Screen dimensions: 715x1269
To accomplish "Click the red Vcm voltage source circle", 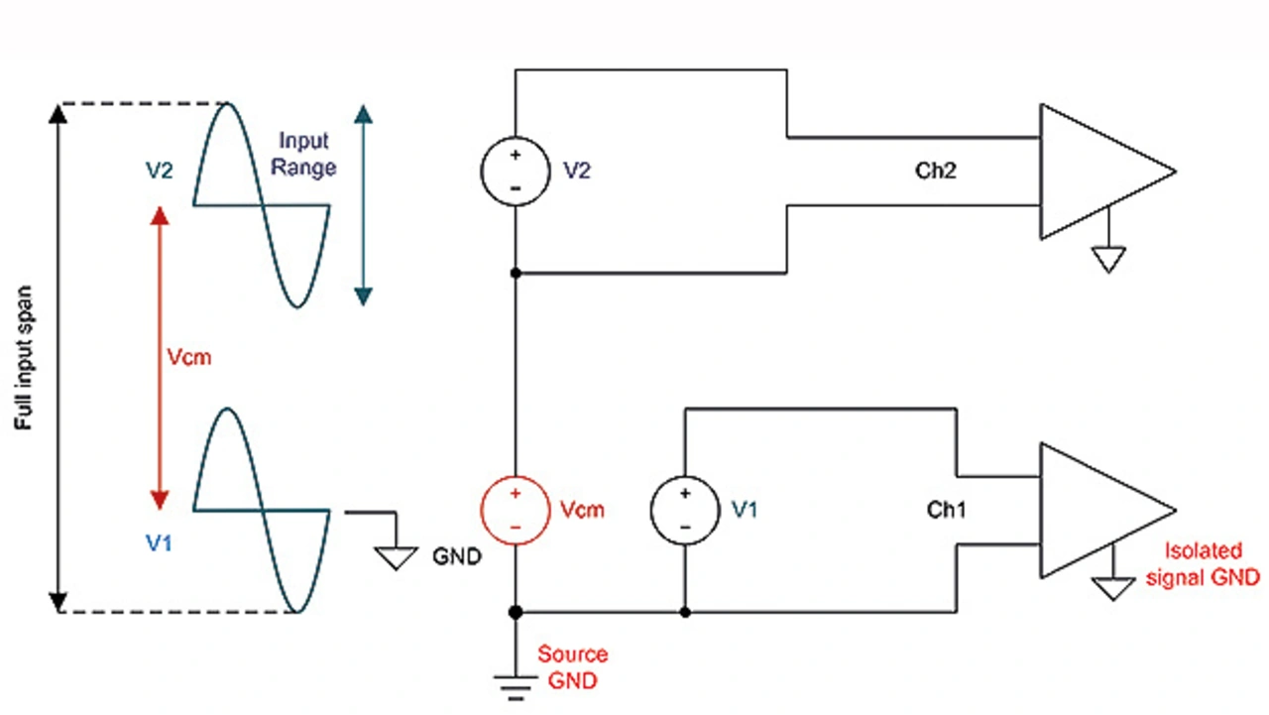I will [x=515, y=510].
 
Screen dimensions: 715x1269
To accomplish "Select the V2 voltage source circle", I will [x=515, y=171].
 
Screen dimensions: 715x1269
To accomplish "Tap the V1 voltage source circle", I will [x=684, y=510].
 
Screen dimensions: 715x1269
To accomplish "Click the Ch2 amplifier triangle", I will [x=1096, y=171].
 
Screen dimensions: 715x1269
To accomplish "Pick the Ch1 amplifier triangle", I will [x=1096, y=510].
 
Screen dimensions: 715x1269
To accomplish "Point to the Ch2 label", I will [x=935, y=171].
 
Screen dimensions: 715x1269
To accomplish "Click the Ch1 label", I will [x=946, y=510].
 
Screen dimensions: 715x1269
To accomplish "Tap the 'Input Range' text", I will [x=304, y=155].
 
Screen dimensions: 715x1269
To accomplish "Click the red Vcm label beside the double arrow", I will [x=188, y=357].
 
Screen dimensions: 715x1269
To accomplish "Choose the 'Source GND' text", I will [x=572, y=667].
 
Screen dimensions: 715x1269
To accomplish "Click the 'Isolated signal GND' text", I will [x=1203, y=564].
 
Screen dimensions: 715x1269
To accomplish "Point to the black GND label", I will [x=456, y=556].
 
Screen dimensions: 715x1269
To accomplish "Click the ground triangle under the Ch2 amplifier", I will [x=1109, y=259].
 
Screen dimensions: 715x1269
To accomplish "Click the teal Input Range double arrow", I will [x=363, y=203].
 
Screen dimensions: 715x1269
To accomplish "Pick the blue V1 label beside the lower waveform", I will [x=160, y=543].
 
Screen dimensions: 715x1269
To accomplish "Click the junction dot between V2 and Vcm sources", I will [x=515, y=272].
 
